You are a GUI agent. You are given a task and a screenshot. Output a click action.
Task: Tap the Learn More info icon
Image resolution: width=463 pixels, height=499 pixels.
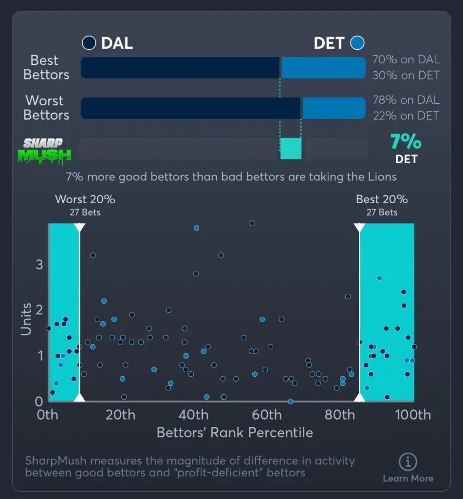(408, 461)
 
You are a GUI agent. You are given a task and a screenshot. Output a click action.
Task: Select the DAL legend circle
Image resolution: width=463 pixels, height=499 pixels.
(89, 43)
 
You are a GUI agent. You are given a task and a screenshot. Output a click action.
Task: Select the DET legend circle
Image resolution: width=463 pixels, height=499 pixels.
(358, 43)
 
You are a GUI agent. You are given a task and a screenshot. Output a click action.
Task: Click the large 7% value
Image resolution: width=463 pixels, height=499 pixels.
(406, 142)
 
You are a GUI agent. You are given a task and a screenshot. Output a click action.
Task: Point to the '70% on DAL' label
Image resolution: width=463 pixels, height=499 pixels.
(406, 60)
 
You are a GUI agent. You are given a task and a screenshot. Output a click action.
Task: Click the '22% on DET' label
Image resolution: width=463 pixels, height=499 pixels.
(406, 115)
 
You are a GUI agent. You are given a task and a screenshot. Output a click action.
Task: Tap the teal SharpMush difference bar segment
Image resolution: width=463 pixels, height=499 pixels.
(291, 148)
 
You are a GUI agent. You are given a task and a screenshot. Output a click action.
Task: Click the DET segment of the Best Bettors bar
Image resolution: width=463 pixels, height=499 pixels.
(323, 68)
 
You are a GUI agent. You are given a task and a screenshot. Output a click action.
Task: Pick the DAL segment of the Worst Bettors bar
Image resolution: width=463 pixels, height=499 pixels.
(190, 108)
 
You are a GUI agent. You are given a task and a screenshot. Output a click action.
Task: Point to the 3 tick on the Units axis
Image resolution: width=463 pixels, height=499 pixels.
(39, 265)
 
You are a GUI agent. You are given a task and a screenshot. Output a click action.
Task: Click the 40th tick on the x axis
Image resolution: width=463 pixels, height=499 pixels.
(194, 415)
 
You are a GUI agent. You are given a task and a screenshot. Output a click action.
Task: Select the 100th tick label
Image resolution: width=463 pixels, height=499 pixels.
(412, 415)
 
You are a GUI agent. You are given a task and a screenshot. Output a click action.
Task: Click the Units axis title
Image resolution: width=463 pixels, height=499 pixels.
(26, 319)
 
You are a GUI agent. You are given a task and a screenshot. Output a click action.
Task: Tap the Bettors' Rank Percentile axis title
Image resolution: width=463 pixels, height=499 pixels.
(235, 433)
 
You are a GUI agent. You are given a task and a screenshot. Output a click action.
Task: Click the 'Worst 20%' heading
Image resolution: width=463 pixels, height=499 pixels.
(85, 199)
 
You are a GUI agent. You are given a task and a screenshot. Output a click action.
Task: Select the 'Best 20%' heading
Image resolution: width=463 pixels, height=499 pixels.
(382, 199)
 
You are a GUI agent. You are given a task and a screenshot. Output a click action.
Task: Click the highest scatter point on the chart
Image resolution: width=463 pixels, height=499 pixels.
(252, 223)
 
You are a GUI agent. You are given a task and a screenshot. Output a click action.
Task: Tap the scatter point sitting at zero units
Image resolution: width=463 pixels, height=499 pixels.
(291, 402)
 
